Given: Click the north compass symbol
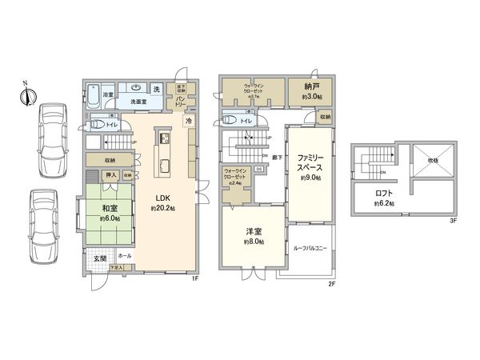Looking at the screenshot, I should (x=28, y=94).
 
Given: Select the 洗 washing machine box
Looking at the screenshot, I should (x=157, y=87).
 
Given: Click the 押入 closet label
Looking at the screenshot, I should (x=111, y=175).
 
